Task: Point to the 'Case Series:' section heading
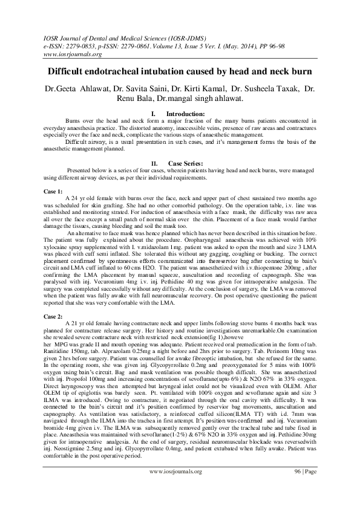185,163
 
